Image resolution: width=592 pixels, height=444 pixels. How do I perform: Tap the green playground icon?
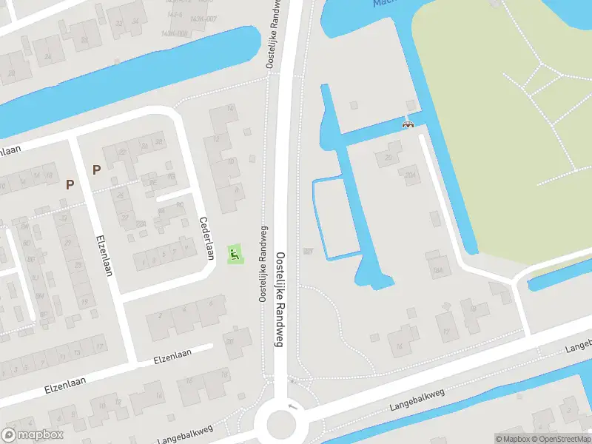click(x=234, y=255)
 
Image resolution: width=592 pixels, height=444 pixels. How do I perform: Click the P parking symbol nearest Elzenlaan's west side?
click(x=70, y=184)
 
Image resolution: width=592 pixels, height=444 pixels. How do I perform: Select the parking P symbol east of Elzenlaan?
click(x=96, y=169)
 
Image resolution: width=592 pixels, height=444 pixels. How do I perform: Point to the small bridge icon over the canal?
click(x=407, y=125)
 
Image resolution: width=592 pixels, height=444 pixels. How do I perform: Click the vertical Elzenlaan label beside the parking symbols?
click(x=104, y=255)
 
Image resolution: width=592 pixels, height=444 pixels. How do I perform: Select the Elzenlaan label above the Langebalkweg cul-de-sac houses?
click(x=172, y=357)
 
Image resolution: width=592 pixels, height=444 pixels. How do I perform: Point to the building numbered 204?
click(x=411, y=175)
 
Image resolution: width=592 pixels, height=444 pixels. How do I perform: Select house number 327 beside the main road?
click(x=308, y=251)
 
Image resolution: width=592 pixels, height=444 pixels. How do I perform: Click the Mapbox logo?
click(x=32, y=434)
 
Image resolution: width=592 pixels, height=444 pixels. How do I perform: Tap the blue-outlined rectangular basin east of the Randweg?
click(x=335, y=218)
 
